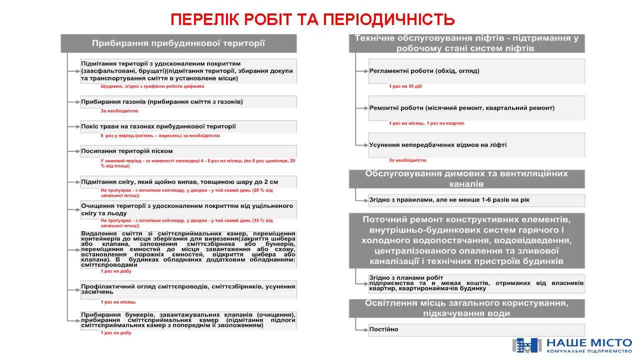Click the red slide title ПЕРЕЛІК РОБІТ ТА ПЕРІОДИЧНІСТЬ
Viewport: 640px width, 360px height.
(312, 19)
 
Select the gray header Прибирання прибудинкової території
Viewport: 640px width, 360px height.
(178, 43)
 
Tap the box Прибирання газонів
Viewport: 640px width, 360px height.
(188, 102)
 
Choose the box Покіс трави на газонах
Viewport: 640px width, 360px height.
(188, 126)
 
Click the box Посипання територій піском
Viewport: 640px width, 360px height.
(188, 151)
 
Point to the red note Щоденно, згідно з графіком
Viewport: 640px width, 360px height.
(152, 86)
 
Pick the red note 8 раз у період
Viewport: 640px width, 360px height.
(160, 135)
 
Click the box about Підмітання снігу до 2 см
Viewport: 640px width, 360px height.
(188, 182)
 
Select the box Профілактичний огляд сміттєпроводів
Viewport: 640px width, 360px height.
(188, 289)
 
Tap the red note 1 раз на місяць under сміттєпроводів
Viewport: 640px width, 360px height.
(118, 302)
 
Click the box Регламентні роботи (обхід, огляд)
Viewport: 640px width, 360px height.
(476, 71)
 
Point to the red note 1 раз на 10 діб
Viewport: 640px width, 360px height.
(405, 86)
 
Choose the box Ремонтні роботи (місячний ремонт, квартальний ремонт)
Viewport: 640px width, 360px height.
(476, 108)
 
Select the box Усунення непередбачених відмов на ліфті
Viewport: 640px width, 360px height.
(476, 145)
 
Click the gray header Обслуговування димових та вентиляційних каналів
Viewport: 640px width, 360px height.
(466, 179)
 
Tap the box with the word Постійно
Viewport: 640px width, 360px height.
(476, 329)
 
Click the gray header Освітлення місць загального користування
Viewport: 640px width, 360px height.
(466, 308)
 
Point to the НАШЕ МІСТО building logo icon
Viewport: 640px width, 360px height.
(526, 345)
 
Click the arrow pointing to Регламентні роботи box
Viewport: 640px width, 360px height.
(362, 71)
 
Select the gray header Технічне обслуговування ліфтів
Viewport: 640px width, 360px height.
(466, 43)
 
